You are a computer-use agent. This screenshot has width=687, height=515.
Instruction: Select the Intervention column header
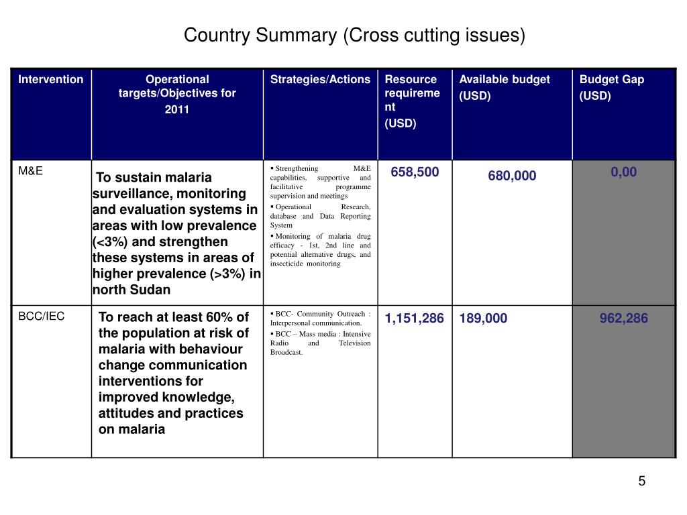click(51, 79)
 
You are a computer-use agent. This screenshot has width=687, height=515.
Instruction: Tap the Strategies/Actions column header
click(320, 79)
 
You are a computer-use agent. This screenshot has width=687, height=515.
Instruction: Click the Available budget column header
click(505, 87)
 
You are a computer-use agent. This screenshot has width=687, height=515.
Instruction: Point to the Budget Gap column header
click(612, 87)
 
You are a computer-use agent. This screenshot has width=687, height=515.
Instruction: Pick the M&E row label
click(31, 171)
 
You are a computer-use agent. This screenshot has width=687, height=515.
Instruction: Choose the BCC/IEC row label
click(41, 317)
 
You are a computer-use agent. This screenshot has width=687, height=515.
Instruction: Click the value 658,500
click(415, 172)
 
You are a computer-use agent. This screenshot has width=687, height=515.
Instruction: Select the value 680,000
click(512, 176)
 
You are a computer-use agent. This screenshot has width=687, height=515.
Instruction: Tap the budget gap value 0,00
click(623, 172)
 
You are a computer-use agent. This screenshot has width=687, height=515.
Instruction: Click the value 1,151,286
click(414, 318)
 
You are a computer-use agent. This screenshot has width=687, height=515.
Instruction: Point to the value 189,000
click(483, 318)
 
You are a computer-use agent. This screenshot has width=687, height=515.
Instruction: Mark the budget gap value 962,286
click(623, 318)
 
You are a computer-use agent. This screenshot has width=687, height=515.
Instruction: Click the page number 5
click(641, 481)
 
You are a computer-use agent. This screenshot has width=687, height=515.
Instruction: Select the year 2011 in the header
click(176, 109)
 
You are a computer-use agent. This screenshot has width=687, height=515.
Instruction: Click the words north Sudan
click(131, 290)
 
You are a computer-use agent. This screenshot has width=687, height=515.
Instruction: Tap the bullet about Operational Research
click(320, 216)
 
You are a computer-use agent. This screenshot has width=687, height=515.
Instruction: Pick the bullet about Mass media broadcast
click(320, 343)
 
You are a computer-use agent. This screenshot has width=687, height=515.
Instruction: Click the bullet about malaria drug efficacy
click(320, 249)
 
